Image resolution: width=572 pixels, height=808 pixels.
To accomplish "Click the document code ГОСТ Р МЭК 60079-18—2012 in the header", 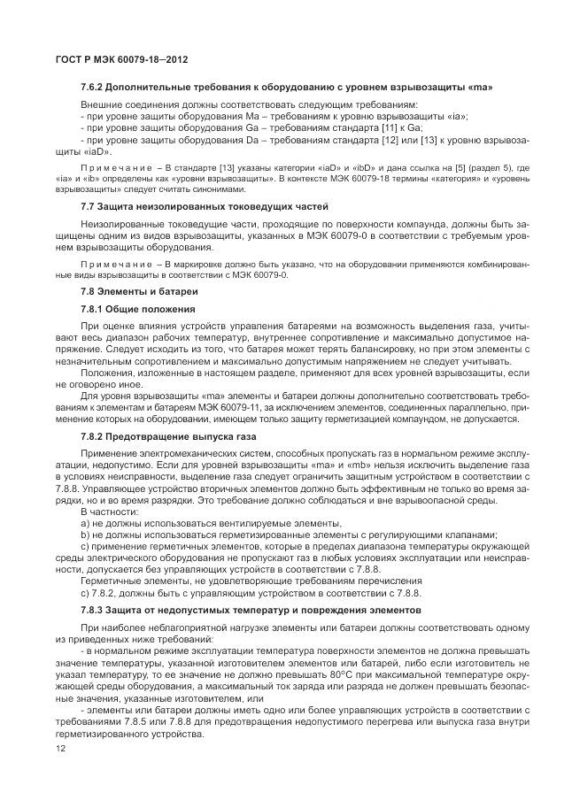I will [120, 59].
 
